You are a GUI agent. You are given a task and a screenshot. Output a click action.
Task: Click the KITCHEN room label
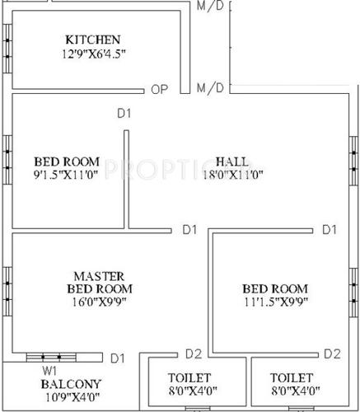pyautogui.click(x=93, y=40)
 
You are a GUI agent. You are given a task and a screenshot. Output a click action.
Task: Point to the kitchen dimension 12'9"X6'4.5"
pyautogui.click(x=93, y=55)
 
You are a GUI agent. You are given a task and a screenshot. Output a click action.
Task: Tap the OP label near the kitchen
pyautogui.click(x=160, y=89)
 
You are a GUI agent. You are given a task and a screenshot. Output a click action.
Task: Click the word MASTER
pyautogui.click(x=99, y=275)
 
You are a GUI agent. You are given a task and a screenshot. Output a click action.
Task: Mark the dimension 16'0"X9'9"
pyautogui.click(x=99, y=304)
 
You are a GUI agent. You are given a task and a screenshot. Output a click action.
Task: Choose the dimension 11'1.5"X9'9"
pyautogui.click(x=275, y=303)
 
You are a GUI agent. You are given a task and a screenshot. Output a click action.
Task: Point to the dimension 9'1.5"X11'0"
pyautogui.click(x=67, y=175)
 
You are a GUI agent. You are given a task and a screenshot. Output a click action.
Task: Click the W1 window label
pyautogui.click(x=49, y=370)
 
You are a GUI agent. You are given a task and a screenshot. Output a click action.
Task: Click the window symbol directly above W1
pyautogui.click(x=50, y=357)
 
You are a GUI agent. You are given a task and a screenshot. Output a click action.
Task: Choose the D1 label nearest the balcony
pyautogui.click(x=117, y=358)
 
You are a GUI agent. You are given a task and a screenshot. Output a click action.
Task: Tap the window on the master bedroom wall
pyautogui.click(x=7, y=284)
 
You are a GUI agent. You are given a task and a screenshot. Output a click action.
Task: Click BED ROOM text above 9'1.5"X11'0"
pyautogui.click(x=67, y=161)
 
